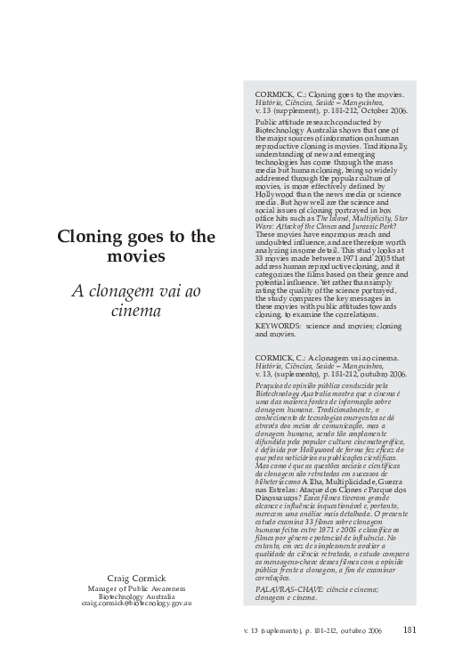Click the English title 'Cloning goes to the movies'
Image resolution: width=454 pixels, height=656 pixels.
coord(136,246)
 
